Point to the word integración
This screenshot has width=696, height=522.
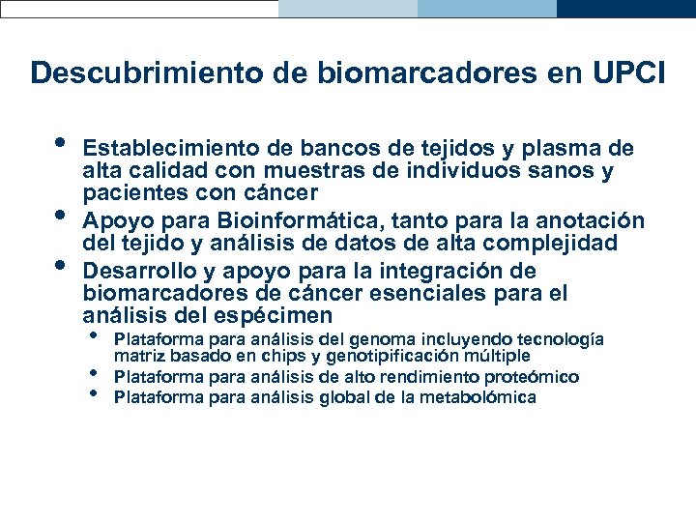coord(436,270)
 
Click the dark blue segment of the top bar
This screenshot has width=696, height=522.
coord(626,9)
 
